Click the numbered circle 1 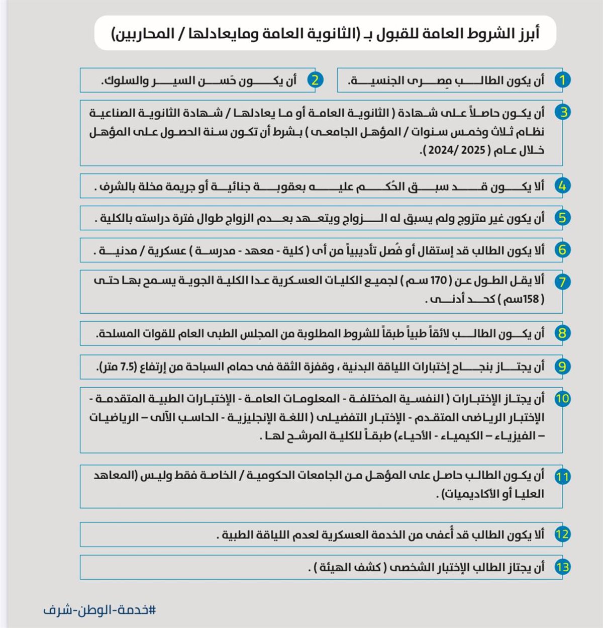click(x=562, y=80)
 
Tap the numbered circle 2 click(x=315, y=80)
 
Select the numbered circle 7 click(x=562, y=282)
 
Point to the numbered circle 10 click(x=562, y=399)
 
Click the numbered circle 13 click(x=562, y=567)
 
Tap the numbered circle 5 click(x=562, y=218)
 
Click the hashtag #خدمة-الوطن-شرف click(x=99, y=610)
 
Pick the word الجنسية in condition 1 click(x=375, y=80)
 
